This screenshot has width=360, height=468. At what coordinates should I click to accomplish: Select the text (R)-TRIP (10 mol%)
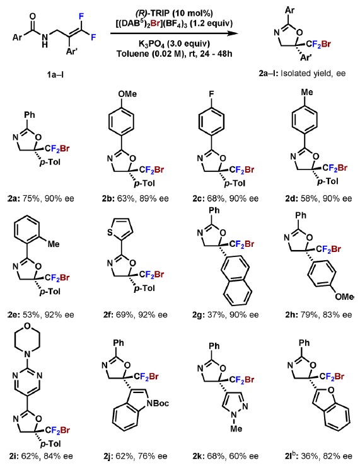(174, 13)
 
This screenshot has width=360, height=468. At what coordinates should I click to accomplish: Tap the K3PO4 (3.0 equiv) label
(174, 44)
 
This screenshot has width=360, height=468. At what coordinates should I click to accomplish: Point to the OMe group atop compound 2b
(127, 94)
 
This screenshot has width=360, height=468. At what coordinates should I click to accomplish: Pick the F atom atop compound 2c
(211, 94)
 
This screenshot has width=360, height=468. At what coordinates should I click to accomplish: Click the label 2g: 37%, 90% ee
(226, 314)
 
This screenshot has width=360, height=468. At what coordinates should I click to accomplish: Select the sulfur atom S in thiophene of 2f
(110, 232)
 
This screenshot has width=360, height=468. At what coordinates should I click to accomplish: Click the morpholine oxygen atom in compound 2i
(28, 326)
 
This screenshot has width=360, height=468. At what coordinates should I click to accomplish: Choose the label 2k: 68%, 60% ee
(226, 456)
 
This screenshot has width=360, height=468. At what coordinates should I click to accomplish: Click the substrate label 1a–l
(55, 74)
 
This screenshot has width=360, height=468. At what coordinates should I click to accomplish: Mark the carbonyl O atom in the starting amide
(33, 17)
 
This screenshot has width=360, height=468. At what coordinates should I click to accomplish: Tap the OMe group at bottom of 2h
(344, 297)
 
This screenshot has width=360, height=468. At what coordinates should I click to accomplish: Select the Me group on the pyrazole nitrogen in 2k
(236, 428)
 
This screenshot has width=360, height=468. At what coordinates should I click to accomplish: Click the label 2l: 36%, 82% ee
(318, 455)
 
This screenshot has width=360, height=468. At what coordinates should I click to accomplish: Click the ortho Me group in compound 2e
(54, 244)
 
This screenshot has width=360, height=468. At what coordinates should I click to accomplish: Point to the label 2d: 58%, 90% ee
(318, 198)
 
